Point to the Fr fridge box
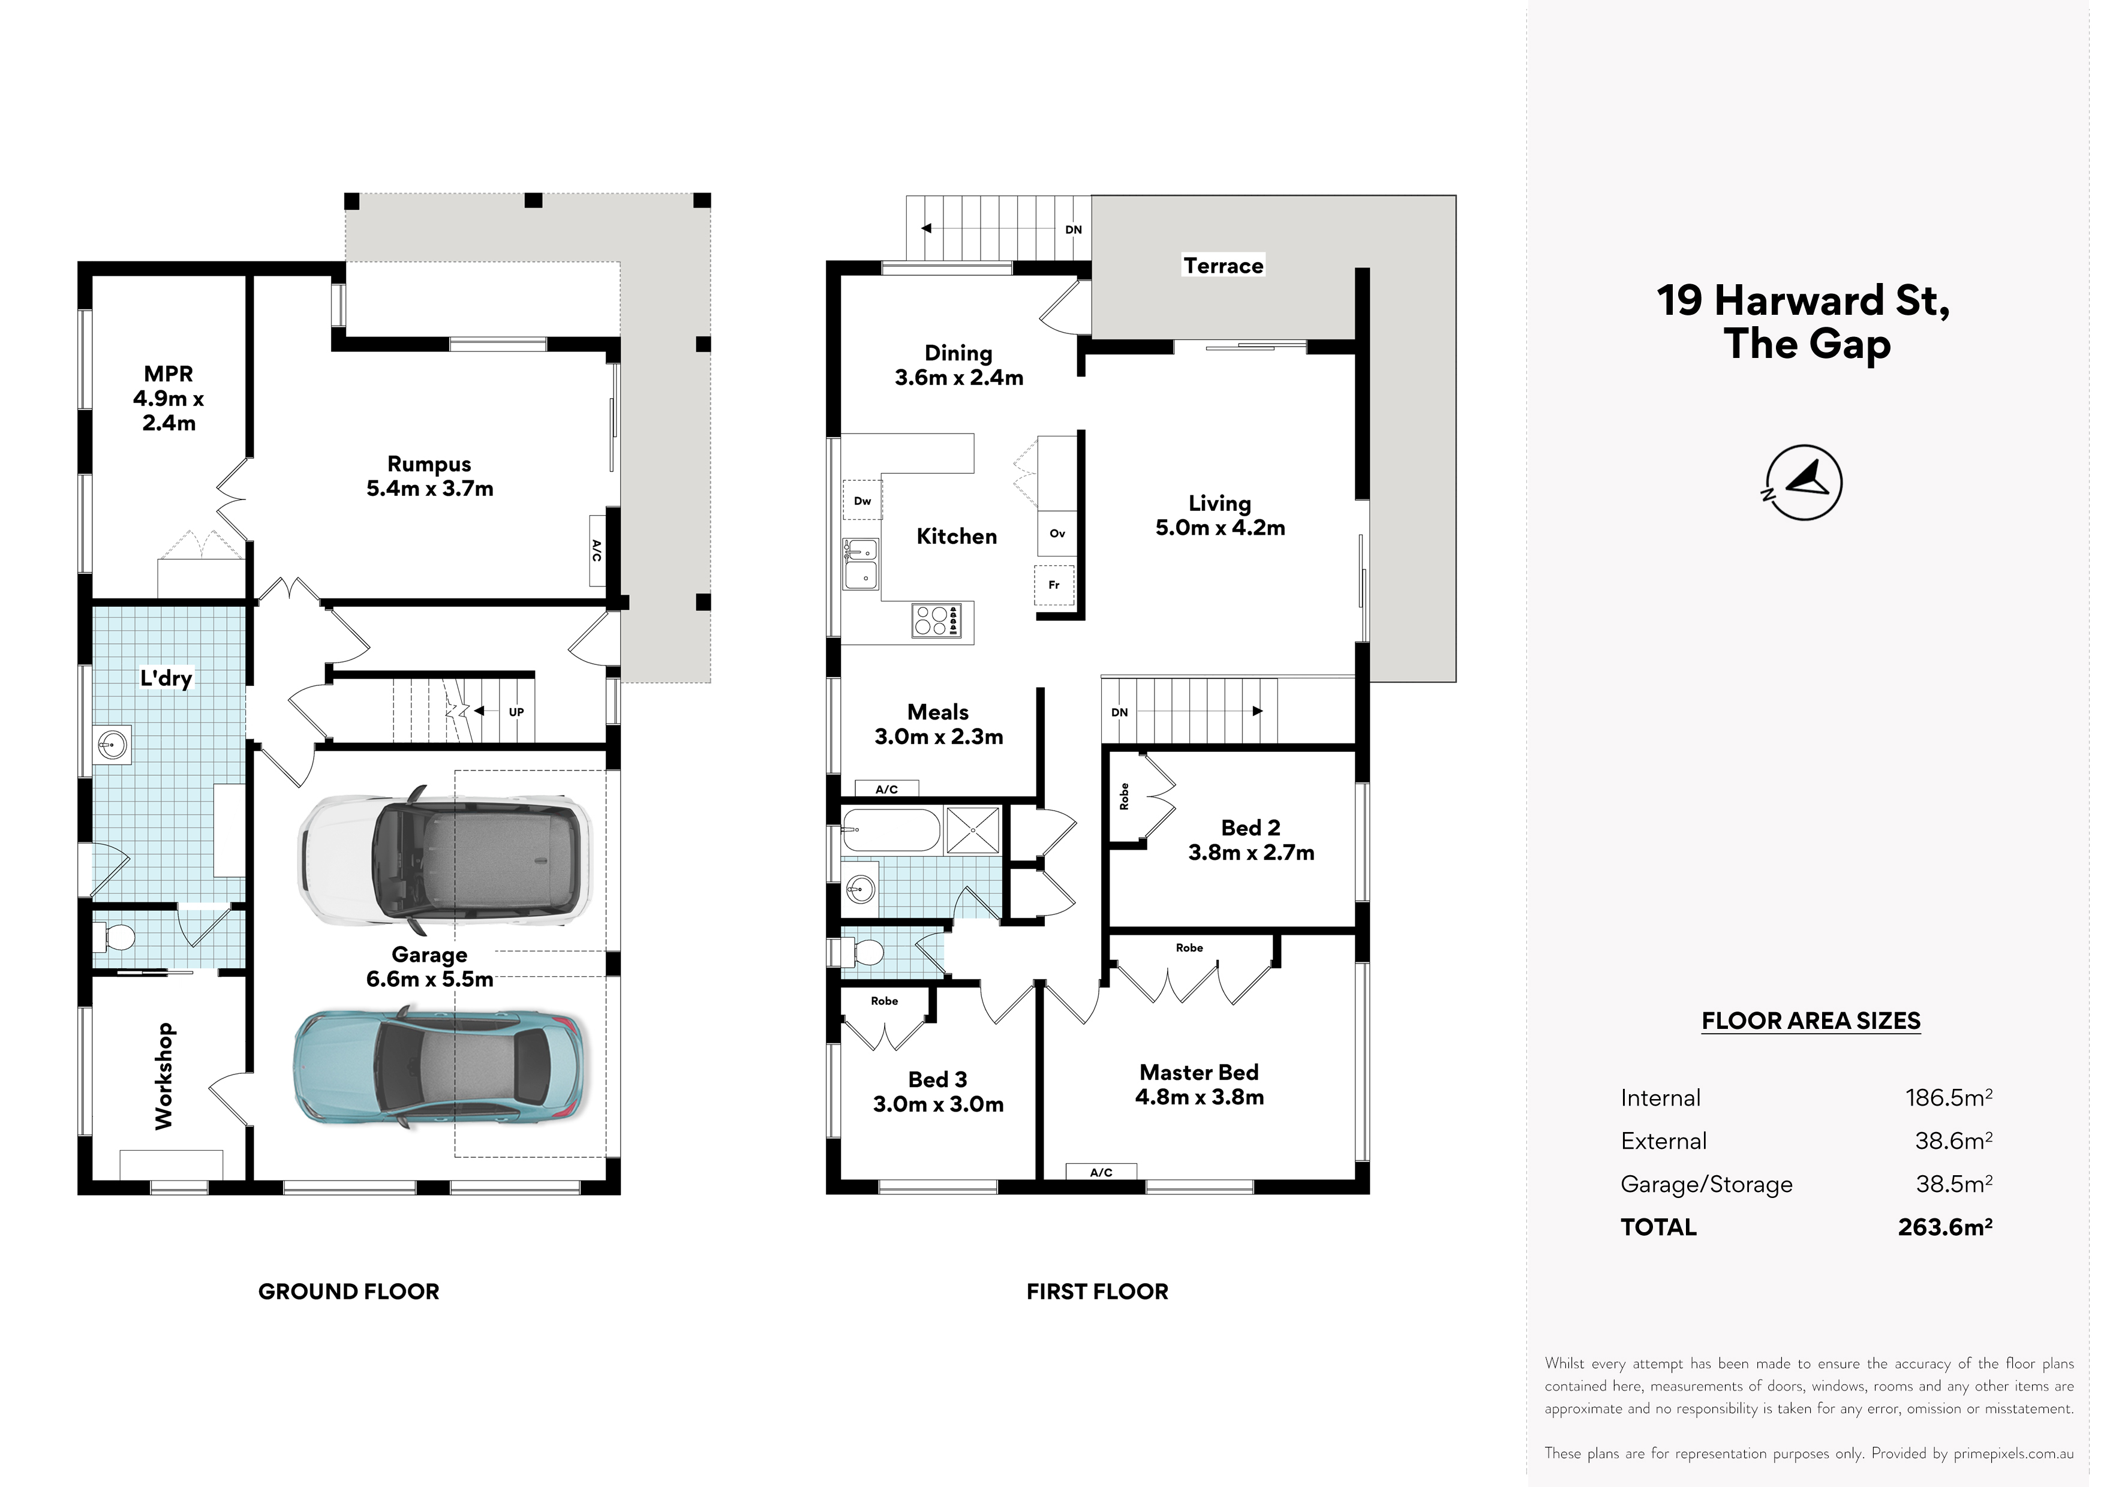click(1054, 585)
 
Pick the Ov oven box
click(1057, 533)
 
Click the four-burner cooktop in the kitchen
click(936, 620)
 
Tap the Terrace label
click(1224, 266)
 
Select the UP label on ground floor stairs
click(516, 712)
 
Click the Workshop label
click(164, 1076)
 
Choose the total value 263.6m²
click(1944, 1227)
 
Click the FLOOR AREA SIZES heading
click(1811, 1021)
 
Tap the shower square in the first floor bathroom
click(973, 830)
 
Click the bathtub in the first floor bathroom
click(891, 830)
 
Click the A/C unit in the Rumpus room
click(597, 550)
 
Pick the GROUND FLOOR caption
click(349, 1292)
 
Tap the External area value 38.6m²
click(1953, 1140)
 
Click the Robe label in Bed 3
click(884, 1001)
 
